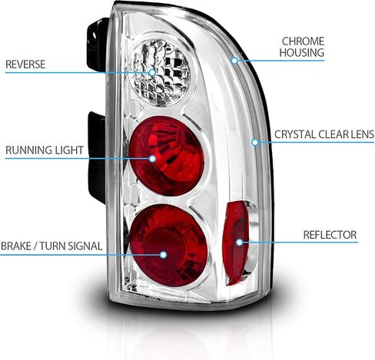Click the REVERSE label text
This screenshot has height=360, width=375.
pyautogui.click(x=25, y=64)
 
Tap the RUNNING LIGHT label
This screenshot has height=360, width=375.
pyautogui.click(x=45, y=150)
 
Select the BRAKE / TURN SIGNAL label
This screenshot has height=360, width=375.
pyautogui.click(x=51, y=246)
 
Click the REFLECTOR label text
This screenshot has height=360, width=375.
pyautogui.click(x=330, y=235)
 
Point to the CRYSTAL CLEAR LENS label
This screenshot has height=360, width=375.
pyautogui.click(x=324, y=134)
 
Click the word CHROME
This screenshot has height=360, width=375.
pyautogui.click(x=303, y=41)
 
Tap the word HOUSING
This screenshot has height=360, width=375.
pyautogui.click(x=302, y=52)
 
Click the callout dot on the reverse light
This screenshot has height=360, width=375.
pyautogui.click(x=152, y=72)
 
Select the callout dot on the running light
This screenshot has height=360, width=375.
pyautogui.click(x=152, y=159)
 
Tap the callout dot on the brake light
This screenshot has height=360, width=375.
pyautogui.click(x=164, y=255)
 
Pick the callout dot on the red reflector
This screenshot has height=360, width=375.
pyautogui.click(x=239, y=242)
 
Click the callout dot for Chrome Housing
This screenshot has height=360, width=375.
pyautogui.click(x=234, y=61)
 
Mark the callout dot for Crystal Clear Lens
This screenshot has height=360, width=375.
pyautogui.click(x=254, y=142)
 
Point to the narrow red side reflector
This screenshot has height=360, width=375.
pyautogui.click(x=235, y=243)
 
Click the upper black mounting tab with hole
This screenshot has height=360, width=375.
pyautogui.click(x=96, y=44)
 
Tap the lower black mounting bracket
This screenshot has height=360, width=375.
pyautogui.click(x=97, y=157)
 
